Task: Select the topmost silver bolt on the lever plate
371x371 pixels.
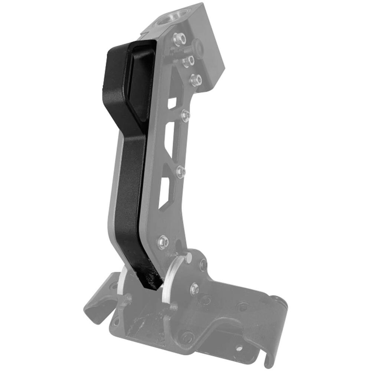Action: click(179, 37)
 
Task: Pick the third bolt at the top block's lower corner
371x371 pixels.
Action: click(196, 79)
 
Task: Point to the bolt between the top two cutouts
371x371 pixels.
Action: click(185, 116)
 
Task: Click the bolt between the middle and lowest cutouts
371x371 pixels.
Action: click(181, 171)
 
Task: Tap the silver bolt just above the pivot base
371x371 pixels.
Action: click(162, 242)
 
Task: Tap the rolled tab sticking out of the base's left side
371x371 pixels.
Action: click(98, 297)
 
